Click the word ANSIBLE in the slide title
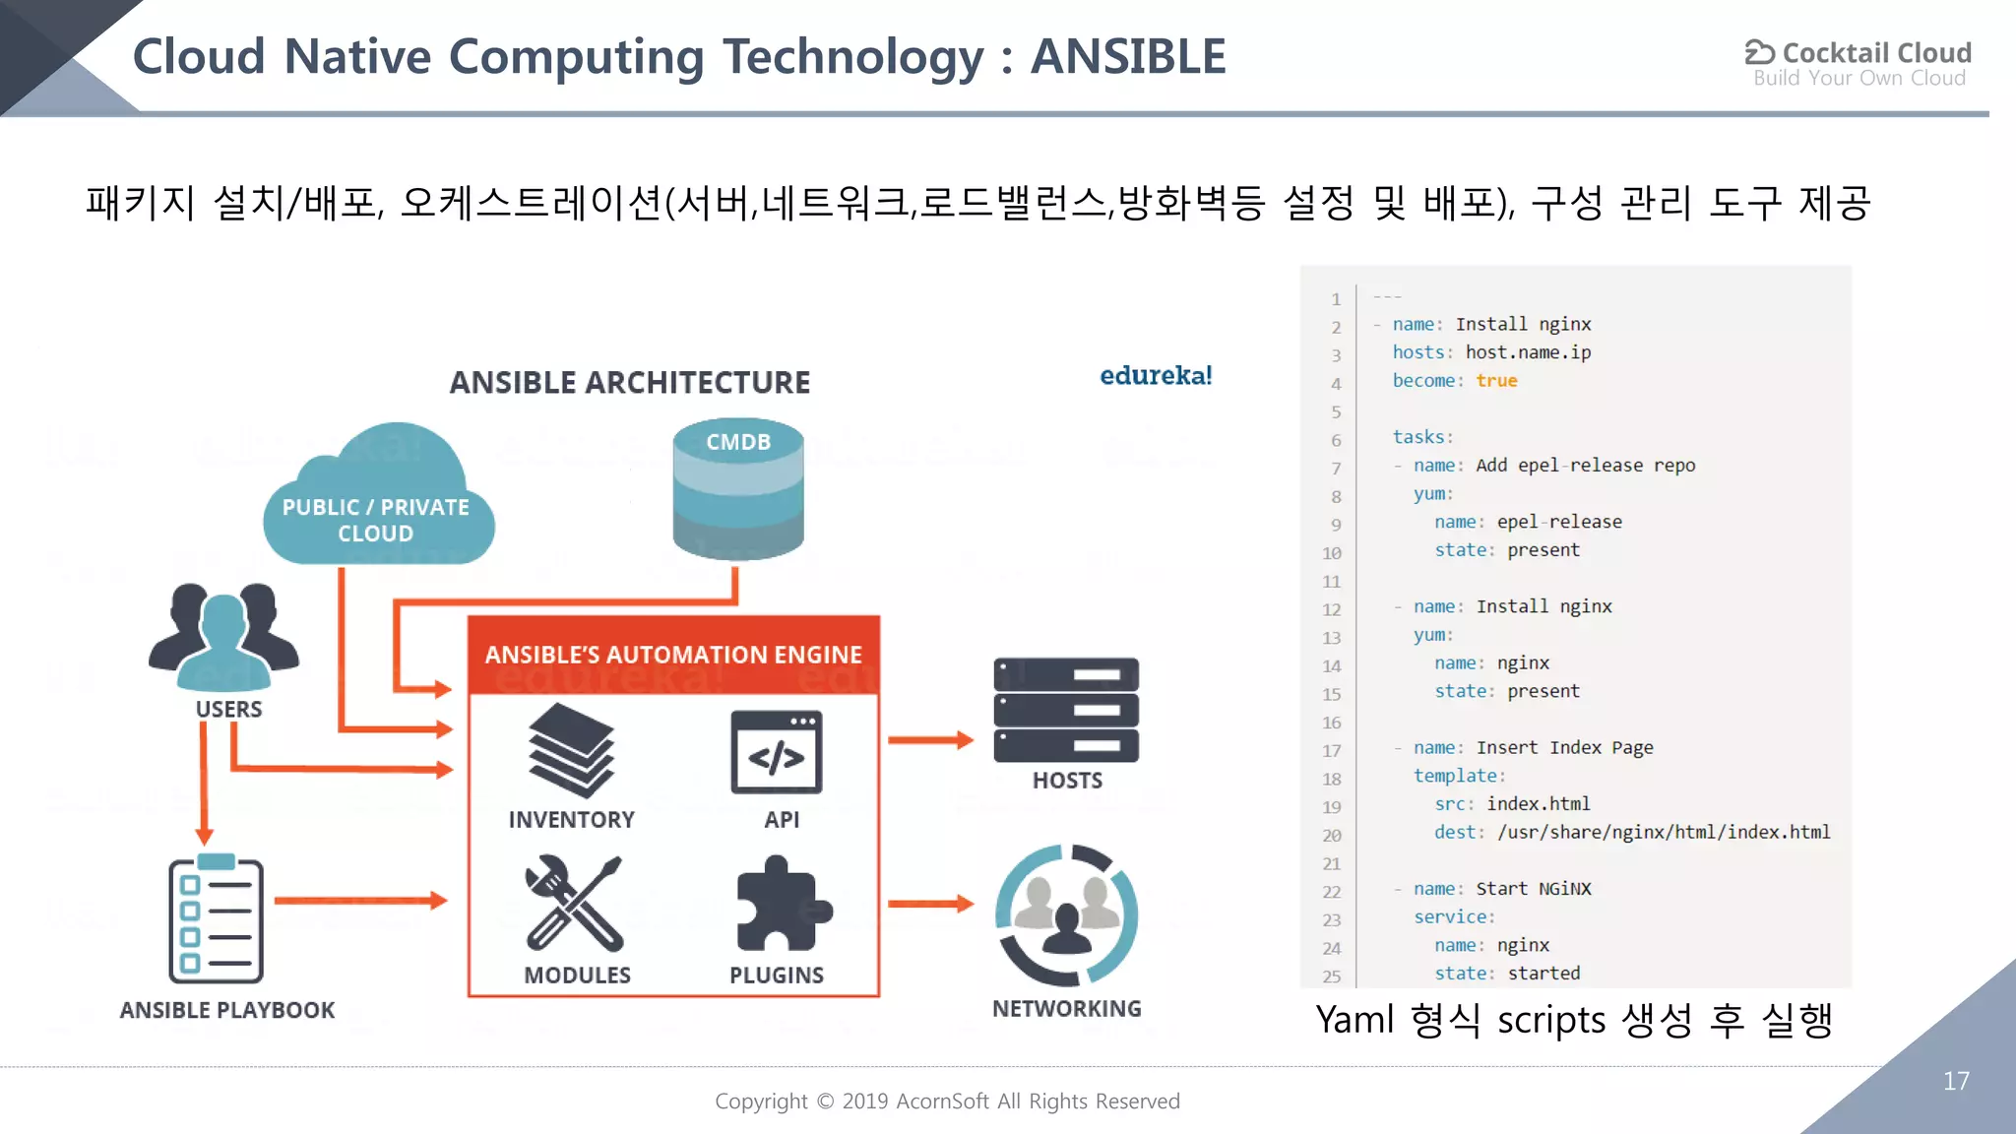1128,56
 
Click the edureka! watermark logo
1156,375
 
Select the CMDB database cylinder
738,489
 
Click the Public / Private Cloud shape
379,502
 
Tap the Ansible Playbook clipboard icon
216,919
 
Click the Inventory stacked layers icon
571,750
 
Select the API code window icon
776,753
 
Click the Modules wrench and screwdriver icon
574,903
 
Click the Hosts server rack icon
1066,710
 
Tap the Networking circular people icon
1066,914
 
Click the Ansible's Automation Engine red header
673,655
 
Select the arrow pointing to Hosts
929,739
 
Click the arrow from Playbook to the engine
360,900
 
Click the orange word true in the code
1496,381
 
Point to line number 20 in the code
1331,835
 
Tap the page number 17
1956,1081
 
